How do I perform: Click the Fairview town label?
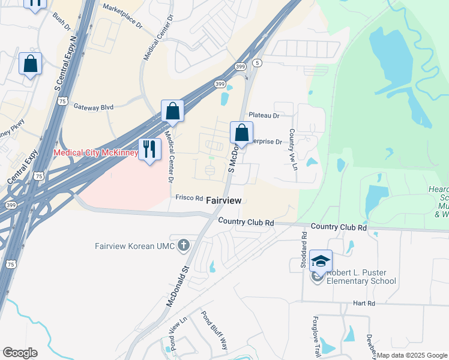[224, 200]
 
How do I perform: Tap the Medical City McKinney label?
[95, 152]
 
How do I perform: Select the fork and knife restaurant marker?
[148, 149]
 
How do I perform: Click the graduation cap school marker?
[321, 261]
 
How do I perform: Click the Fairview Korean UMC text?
[134, 246]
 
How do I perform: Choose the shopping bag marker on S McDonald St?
[241, 133]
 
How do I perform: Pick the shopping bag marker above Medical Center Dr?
[172, 111]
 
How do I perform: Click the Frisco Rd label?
[189, 197]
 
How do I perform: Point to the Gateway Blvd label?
[93, 107]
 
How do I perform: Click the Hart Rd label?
[364, 304]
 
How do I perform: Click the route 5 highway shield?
[257, 63]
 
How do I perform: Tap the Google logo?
[20, 353]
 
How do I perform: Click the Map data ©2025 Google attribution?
[412, 355]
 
